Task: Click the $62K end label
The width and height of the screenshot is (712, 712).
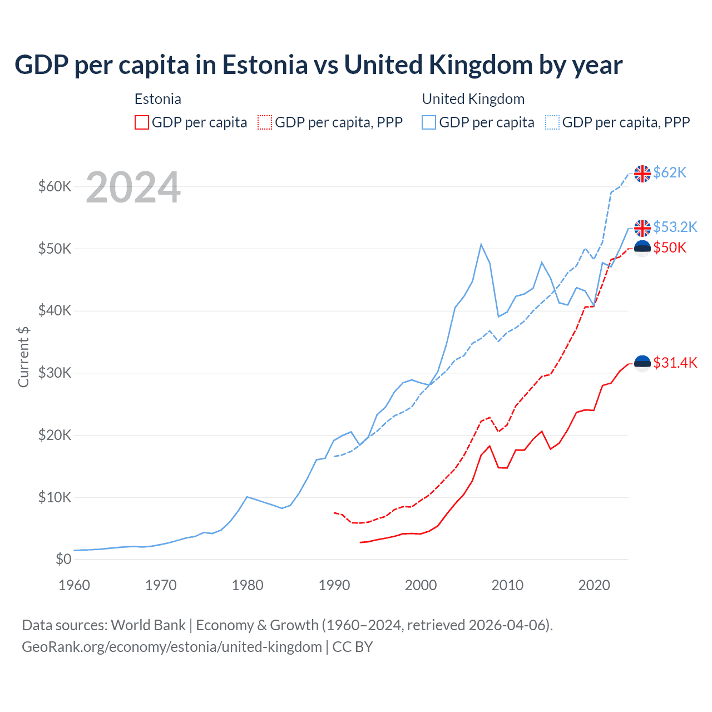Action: pyautogui.click(x=669, y=173)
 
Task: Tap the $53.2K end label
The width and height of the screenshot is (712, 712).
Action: pyautogui.click(x=675, y=227)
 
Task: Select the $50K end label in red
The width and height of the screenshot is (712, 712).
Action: pyautogui.click(x=669, y=248)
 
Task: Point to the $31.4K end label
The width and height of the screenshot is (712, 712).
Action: pyautogui.click(x=675, y=363)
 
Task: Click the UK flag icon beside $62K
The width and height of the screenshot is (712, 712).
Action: pyautogui.click(x=642, y=174)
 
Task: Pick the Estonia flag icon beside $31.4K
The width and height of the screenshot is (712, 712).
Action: pyautogui.click(x=642, y=363)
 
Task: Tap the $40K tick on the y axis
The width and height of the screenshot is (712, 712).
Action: pyautogui.click(x=55, y=310)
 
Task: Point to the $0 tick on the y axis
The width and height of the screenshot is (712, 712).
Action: pyautogui.click(x=63, y=559)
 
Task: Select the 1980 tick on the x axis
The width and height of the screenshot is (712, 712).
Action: pyautogui.click(x=248, y=585)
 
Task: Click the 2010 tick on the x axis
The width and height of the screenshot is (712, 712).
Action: pyautogui.click(x=507, y=585)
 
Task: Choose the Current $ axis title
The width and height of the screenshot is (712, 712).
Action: pyautogui.click(x=23, y=357)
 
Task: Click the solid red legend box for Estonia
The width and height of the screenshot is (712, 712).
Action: pyautogui.click(x=142, y=122)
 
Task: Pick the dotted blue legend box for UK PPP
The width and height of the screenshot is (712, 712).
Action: pyautogui.click(x=552, y=122)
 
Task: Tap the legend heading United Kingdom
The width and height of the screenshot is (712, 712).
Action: pyautogui.click(x=473, y=99)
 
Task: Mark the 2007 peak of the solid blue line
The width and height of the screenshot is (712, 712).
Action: pyautogui.click(x=481, y=244)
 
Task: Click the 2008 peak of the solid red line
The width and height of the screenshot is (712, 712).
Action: pyautogui.click(x=489, y=446)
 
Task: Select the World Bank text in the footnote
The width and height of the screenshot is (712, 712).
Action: pyautogui.click(x=148, y=625)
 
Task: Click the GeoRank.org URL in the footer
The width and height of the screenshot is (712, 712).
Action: pyautogui.click(x=172, y=647)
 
